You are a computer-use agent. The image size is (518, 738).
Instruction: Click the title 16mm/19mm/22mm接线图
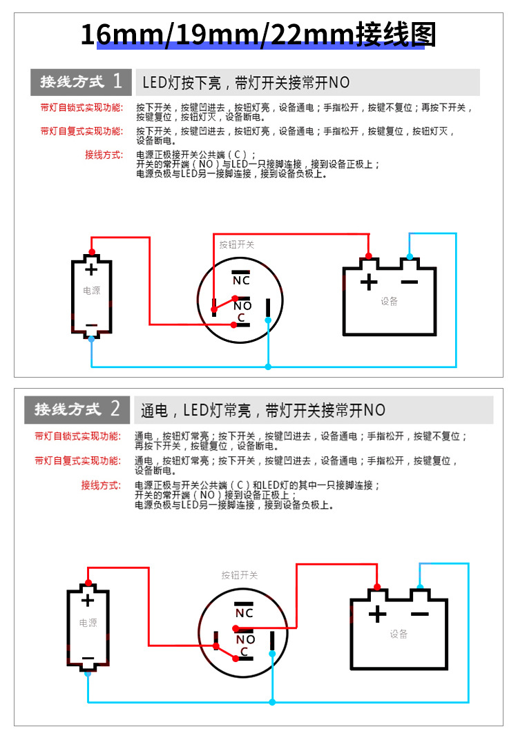point(258,35)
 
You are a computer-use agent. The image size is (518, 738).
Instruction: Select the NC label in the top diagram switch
point(241,280)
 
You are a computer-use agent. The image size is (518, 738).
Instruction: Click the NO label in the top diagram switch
point(242,305)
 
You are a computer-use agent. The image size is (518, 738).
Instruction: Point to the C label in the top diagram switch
point(242,318)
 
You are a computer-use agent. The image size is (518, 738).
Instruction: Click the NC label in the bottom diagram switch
point(244,612)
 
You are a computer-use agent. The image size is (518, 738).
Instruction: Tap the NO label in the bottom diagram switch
point(246,639)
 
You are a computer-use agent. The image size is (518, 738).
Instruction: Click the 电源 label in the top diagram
point(91,291)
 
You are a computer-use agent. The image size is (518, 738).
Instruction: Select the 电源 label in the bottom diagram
point(88,623)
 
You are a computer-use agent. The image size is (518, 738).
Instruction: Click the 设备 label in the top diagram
point(390,302)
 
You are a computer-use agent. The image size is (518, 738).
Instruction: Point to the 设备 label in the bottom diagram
point(399,634)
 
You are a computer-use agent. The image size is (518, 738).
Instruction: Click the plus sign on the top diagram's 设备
point(370,282)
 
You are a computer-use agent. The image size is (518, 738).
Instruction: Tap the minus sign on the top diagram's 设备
point(410,282)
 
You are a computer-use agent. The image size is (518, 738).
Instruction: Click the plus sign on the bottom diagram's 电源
point(88,600)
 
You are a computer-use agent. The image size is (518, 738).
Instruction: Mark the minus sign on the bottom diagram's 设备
point(419,614)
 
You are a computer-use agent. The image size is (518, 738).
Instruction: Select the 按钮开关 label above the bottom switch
point(240,575)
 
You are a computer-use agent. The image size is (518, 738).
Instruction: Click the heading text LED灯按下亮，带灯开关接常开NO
point(246,83)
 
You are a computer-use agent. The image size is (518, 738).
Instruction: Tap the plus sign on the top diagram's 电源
point(91,269)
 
